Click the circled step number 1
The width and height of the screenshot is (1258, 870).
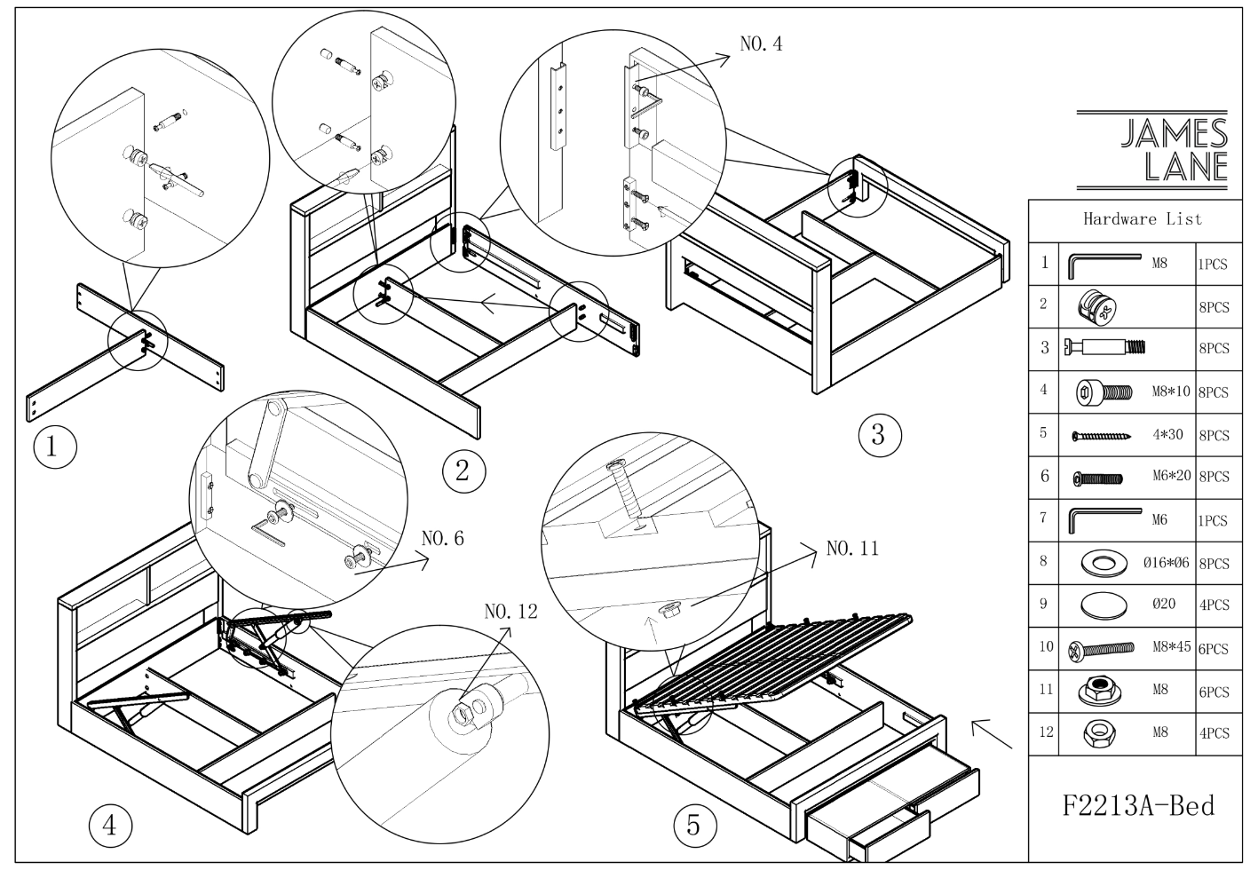(51, 446)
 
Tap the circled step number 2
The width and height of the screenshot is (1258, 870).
(462, 471)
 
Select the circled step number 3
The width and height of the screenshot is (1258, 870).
(879, 434)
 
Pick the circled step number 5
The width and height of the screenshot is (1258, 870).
(693, 826)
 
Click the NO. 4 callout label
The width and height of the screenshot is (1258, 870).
(761, 43)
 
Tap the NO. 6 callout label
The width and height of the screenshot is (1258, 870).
(442, 538)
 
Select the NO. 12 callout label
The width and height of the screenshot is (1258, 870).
(510, 612)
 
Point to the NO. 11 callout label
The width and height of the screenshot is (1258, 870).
(851, 549)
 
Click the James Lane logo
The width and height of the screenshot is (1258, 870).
(1153, 150)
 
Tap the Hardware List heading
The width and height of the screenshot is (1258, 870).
(1142, 218)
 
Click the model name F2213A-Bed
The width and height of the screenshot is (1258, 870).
(1138, 805)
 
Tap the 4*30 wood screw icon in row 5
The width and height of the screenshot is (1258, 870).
(1101, 436)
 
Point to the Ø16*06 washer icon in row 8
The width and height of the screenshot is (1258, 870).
(1104, 562)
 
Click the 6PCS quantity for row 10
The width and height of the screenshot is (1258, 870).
(1214, 649)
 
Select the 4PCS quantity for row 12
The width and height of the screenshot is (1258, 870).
(1214, 734)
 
